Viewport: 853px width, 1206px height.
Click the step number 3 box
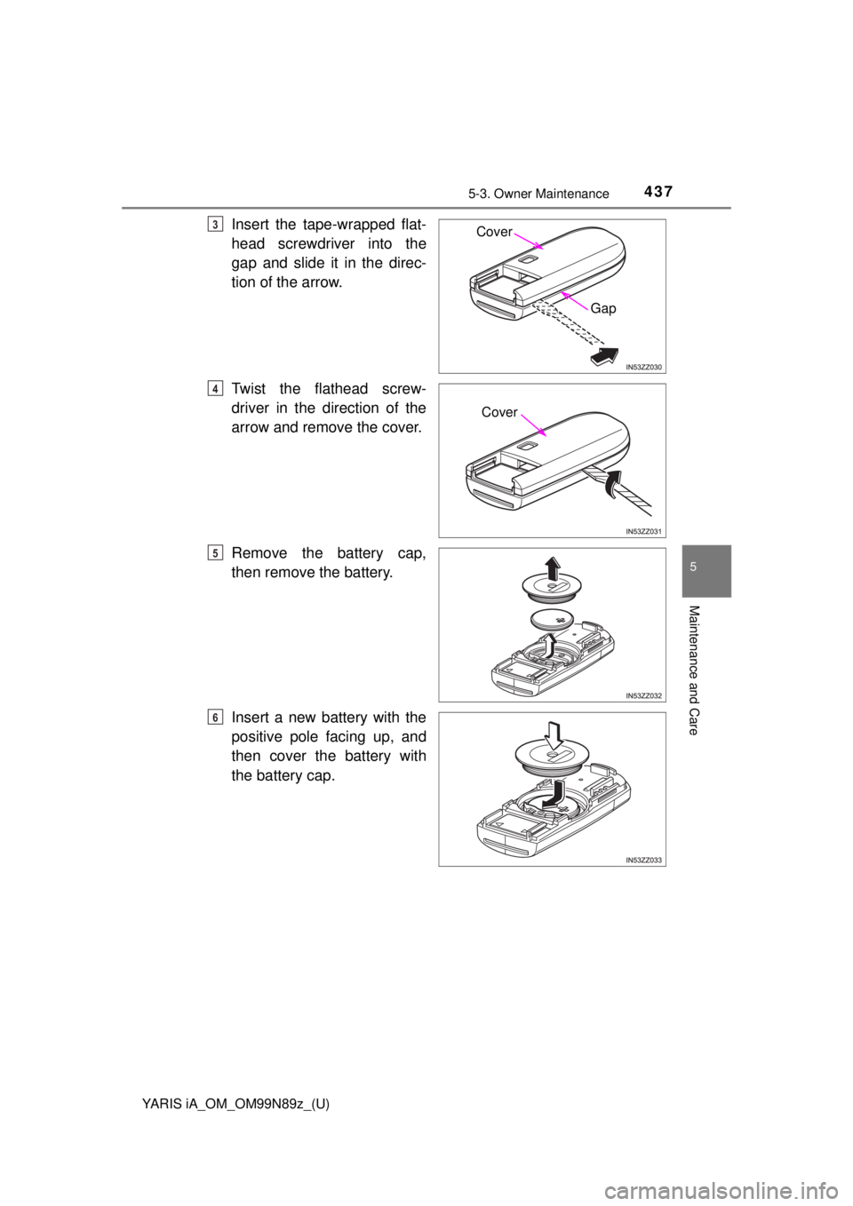pos(216,225)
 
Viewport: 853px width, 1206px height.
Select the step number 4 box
pos(216,389)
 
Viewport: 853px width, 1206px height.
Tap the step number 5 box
pos(216,552)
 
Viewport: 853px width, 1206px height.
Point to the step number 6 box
pos(216,716)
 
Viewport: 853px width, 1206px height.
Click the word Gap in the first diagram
pos(602,308)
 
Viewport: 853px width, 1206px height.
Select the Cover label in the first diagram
pos(494,232)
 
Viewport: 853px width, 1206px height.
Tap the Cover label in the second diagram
pos(499,413)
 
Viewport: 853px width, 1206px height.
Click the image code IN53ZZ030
pos(643,366)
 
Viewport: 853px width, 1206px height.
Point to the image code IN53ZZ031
pos(643,531)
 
